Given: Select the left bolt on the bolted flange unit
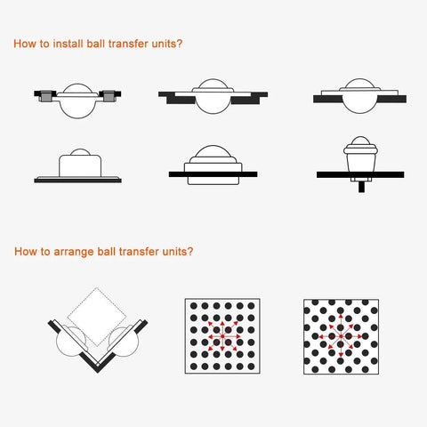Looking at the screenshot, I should (41, 94).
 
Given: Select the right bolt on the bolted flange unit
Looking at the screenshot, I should (108, 94).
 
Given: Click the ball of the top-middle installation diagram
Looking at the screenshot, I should (211, 97).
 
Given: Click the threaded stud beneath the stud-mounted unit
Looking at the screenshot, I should (360, 187).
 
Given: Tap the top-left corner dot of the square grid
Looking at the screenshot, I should (192, 306).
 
